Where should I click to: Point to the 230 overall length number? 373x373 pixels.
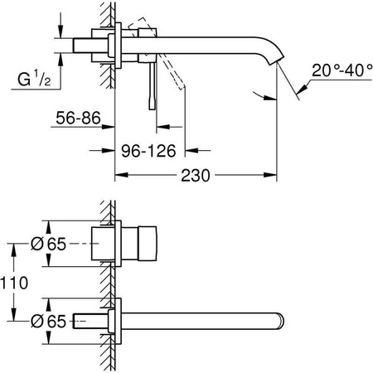(x=196, y=175)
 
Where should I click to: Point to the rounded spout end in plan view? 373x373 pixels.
(x=282, y=319)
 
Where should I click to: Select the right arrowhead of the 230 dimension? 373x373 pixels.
(x=274, y=176)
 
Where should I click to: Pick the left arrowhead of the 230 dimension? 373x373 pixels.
(x=118, y=176)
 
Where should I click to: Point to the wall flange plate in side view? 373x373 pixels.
(x=122, y=45)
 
